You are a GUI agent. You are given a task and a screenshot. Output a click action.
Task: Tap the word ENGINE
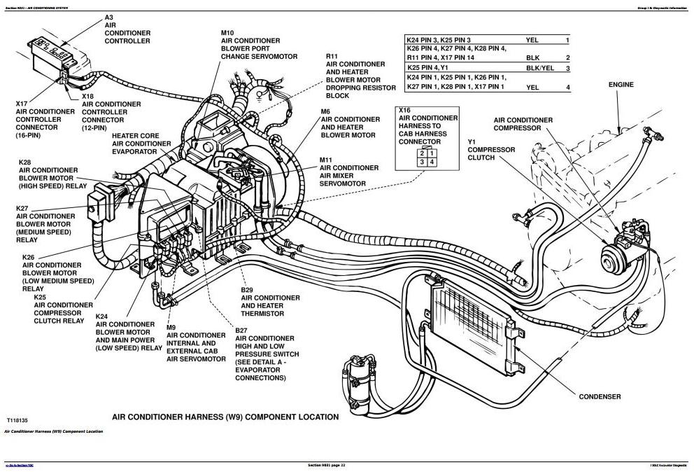[621, 85]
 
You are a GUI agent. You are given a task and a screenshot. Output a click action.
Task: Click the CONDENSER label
[600, 396]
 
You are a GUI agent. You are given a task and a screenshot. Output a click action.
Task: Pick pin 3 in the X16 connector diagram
[422, 162]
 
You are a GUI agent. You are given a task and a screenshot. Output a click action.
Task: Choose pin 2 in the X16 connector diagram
[422, 153]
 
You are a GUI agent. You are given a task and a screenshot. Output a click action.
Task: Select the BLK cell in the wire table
[532, 57]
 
